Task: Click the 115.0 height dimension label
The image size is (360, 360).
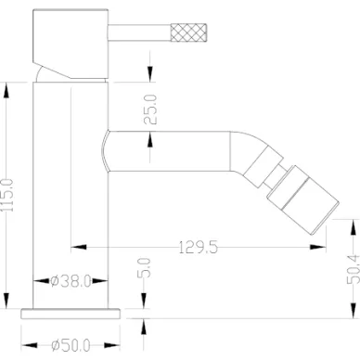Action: pos(7,195)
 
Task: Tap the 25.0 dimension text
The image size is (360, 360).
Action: pos(150,109)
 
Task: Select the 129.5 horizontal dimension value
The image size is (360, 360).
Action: pos(199,247)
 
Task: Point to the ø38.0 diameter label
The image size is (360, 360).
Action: pos(71,281)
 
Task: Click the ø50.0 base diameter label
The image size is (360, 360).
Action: pos(71,345)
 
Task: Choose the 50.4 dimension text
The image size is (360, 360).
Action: pos(354,269)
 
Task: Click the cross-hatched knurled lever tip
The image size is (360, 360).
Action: pos(188,32)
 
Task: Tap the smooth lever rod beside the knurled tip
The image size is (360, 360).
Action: pos(139,32)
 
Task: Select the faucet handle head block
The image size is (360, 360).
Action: pos(71,44)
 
